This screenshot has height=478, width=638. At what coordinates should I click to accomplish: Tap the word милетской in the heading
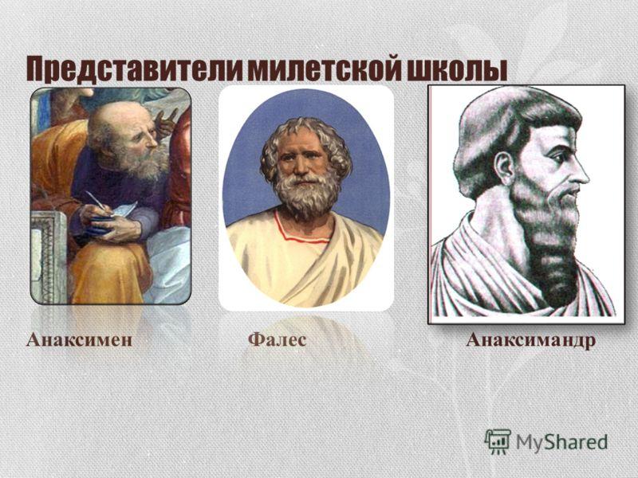coord(323,69)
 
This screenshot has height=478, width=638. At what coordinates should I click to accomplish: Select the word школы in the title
coord(455,69)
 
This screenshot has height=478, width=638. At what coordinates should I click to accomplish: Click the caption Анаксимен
coord(79,340)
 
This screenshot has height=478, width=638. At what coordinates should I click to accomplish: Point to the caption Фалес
coord(277,339)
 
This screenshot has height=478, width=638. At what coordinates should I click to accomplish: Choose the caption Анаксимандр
coord(531,340)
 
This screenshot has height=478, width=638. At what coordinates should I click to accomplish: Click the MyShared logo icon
coord(498,441)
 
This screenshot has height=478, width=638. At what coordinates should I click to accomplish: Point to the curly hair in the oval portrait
coord(306,140)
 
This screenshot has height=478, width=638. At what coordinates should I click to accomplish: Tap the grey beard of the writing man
coord(144,163)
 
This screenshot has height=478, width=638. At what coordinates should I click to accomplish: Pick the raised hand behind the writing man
coord(166,122)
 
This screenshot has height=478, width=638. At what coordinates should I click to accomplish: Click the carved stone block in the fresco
coord(49,257)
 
